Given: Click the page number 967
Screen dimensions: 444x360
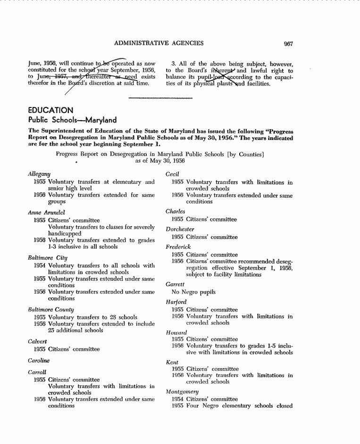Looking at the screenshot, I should tap(289, 43).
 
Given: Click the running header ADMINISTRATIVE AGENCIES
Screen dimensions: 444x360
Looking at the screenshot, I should tap(159, 43).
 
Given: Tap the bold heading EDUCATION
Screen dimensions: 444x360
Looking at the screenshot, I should tap(50, 110).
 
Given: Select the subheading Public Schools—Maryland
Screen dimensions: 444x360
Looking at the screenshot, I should tap(72, 120).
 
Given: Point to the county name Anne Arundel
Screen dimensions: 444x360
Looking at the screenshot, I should tap(46, 213).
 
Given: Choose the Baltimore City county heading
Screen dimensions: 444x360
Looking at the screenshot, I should tap(48, 258).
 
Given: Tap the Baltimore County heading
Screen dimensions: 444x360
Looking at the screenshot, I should tap(51, 310).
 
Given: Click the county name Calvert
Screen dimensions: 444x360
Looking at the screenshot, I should tap(38, 341).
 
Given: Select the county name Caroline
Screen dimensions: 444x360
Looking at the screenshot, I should tap(40, 361).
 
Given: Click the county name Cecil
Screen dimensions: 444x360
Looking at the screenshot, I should tap(172, 174).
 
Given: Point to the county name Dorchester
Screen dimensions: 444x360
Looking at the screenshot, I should tap(180, 229).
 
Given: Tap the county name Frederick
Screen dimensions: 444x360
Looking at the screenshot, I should tap(178, 247).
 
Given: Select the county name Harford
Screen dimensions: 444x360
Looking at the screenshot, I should tap(176, 302).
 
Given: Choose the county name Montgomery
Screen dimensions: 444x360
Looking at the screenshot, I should tap(182, 392).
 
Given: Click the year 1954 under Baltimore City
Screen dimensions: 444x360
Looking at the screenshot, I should tap(40, 266).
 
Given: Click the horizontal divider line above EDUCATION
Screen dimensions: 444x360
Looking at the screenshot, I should tap(160, 98).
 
